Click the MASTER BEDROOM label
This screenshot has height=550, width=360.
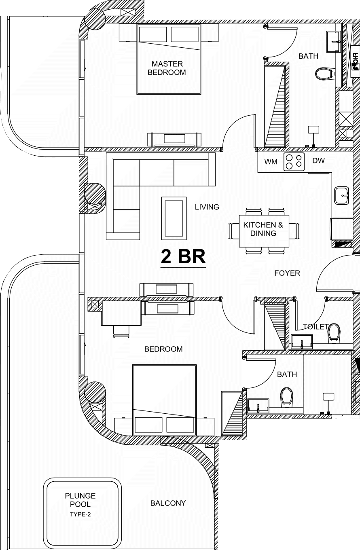167,68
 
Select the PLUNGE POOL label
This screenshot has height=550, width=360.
80,500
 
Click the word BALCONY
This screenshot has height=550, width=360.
168,503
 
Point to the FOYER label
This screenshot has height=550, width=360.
287,273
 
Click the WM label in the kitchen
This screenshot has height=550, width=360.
271,162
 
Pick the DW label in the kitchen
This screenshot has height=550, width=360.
318,161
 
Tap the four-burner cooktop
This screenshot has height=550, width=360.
294,162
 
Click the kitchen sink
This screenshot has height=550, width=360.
341,195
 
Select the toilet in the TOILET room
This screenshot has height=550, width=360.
334,333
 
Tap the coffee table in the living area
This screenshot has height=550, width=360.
174,218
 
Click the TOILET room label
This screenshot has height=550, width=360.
316,327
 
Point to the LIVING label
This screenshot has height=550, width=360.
207,207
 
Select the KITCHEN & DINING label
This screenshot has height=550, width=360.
263,229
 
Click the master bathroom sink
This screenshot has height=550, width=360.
333,42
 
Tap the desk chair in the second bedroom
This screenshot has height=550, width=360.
121,332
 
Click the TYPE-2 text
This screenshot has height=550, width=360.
80,514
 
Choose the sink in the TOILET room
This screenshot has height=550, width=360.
302,342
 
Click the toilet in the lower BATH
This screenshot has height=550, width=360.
286,396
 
